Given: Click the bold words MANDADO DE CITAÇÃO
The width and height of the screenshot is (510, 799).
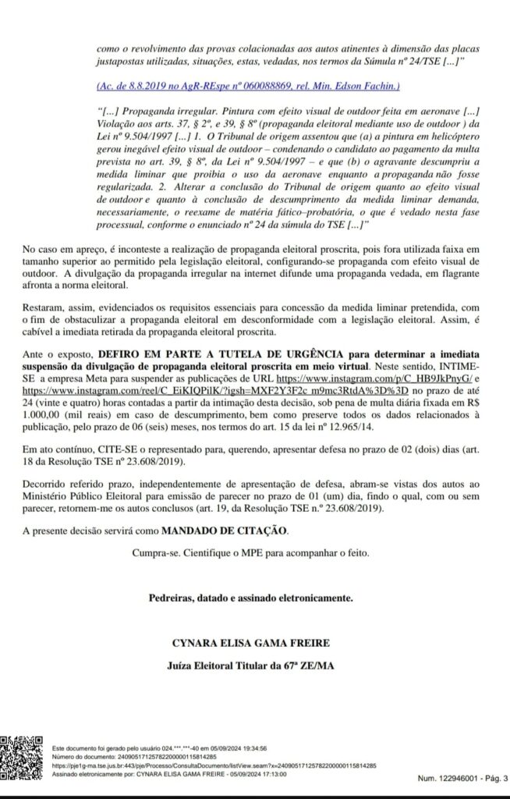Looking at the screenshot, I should tap(224, 531).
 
